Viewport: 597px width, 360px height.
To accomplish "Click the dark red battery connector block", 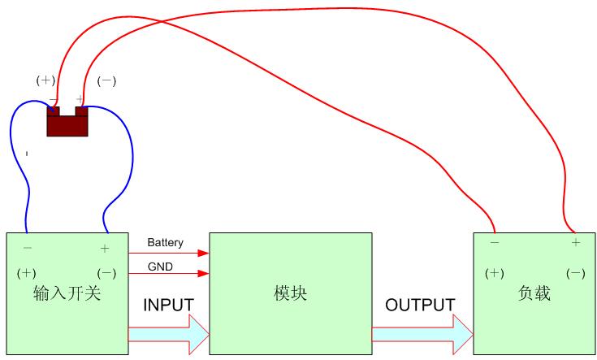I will [67, 124].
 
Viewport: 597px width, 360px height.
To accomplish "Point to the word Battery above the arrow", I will [165, 242].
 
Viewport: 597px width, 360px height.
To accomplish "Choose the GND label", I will [159, 267].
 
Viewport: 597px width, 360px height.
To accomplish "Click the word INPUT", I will [168, 306].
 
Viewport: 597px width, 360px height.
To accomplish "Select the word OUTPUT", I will [420, 306].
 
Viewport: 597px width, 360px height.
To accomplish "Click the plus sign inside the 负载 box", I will [575, 242].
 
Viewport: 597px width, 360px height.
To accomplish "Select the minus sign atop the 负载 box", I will [494, 242].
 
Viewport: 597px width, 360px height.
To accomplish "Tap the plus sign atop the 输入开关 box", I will [104, 248].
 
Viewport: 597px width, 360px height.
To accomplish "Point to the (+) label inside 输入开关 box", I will [27, 272].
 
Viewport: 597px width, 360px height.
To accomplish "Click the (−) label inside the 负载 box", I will [575, 273].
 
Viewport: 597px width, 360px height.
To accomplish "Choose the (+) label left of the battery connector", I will [45, 80].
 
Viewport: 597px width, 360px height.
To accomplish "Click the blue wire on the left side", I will [14, 163].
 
